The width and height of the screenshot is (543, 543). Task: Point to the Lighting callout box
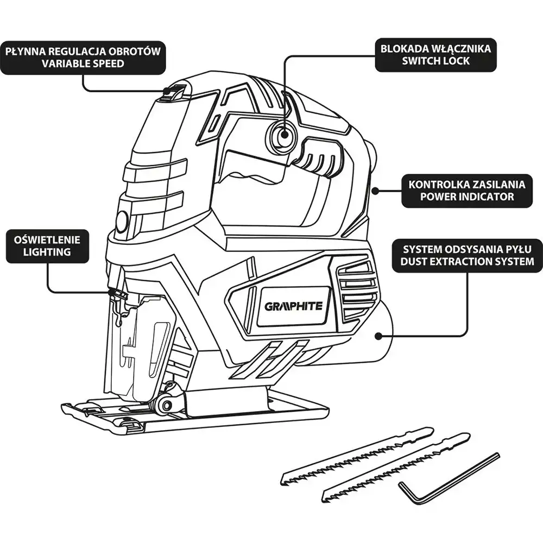pyautogui.click(x=47, y=245)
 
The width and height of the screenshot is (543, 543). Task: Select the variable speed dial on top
pyautogui.click(x=174, y=94)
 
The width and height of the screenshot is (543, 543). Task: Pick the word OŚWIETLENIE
pyautogui.click(x=47, y=239)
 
